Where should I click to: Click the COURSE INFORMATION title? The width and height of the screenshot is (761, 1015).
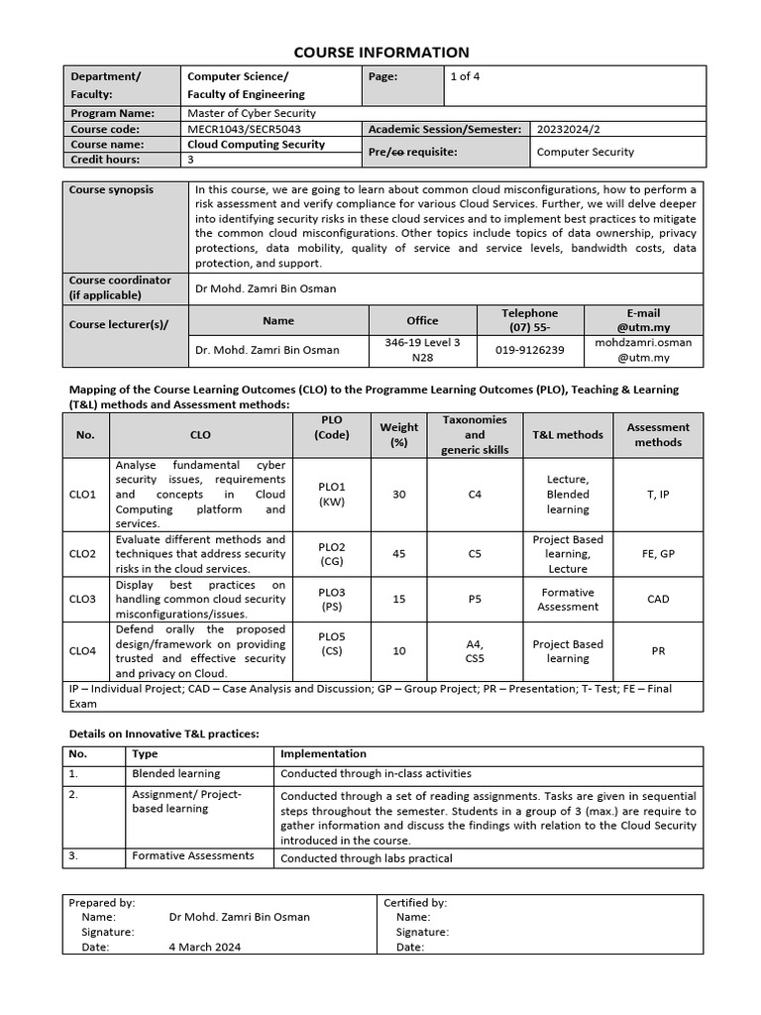[x=380, y=53]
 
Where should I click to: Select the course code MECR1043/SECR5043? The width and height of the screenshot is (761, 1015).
[x=244, y=129]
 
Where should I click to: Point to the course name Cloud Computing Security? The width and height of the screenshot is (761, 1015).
[x=256, y=144]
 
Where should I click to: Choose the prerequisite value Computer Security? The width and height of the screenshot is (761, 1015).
[x=585, y=152]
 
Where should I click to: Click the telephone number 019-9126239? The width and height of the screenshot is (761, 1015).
[x=530, y=350]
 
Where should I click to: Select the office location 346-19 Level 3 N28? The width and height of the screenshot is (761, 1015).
[x=422, y=350]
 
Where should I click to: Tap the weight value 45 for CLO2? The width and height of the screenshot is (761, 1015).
[x=399, y=554]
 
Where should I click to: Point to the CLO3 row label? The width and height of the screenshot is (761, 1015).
[x=82, y=599]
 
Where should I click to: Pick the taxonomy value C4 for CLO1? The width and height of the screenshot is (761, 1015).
[x=475, y=494]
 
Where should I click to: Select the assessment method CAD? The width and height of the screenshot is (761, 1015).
[x=658, y=599]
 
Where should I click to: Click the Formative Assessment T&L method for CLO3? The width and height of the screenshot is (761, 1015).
[x=568, y=599]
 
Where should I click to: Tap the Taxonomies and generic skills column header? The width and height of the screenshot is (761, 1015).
[x=475, y=434]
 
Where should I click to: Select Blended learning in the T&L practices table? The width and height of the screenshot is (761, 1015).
[x=176, y=773]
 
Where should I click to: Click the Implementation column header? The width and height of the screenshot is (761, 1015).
[x=323, y=753]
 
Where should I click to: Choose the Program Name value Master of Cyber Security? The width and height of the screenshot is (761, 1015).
[x=252, y=113]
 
